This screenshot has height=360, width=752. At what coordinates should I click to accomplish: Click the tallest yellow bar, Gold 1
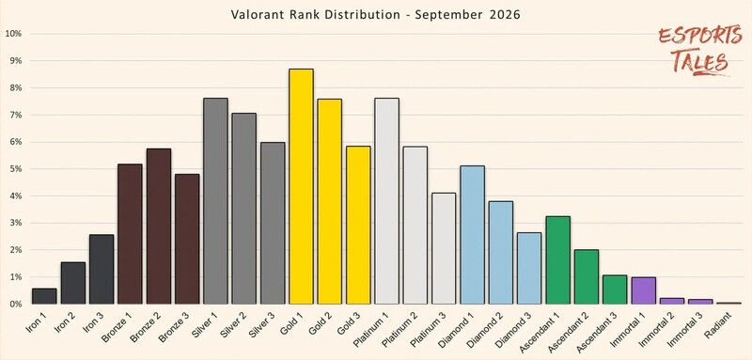[x=301, y=186]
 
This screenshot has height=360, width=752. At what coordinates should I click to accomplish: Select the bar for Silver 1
[x=215, y=201]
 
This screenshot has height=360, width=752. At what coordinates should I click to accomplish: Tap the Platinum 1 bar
[x=386, y=201]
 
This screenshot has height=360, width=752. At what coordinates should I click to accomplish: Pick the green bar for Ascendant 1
[x=557, y=259]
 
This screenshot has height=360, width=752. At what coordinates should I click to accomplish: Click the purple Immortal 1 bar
[x=644, y=290]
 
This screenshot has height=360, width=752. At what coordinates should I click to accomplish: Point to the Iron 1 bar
[x=44, y=296]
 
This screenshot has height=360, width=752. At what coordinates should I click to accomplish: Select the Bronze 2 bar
[x=158, y=227]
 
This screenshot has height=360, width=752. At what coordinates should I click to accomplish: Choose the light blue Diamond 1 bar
[x=473, y=235]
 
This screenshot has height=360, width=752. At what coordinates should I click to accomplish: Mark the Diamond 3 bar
[x=529, y=268]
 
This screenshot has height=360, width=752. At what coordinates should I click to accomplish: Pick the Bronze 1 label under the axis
[x=115, y=326]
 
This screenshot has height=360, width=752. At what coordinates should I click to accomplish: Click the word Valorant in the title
[x=258, y=15]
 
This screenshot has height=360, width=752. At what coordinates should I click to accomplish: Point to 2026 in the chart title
[x=505, y=15]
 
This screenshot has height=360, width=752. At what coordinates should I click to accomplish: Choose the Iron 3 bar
[x=102, y=269]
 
